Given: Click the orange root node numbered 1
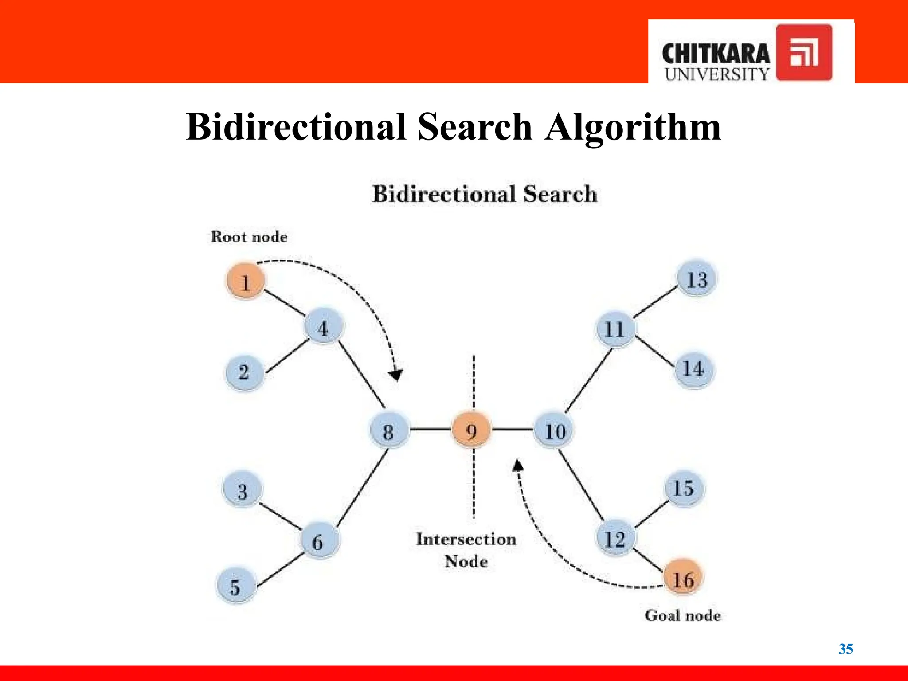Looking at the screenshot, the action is click(246, 281).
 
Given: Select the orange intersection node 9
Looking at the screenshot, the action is click(471, 430).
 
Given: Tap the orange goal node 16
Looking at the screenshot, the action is click(683, 578).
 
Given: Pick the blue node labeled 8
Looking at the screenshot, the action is click(388, 431).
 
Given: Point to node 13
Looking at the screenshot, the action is click(697, 279).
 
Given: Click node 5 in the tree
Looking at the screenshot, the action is click(235, 586).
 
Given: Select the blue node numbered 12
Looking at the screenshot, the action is click(614, 538).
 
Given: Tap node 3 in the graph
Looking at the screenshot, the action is click(242, 491).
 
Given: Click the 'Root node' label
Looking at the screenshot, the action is click(249, 237).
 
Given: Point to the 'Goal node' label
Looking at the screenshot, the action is click(682, 615).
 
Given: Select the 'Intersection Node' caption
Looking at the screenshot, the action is click(466, 550).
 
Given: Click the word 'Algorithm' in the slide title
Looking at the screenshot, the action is click(633, 127).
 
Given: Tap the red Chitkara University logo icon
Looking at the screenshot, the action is click(804, 53).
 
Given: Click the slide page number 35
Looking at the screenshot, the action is click(845, 649).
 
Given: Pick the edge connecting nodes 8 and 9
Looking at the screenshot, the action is click(430, 429).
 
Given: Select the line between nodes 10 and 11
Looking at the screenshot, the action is click(588, 380).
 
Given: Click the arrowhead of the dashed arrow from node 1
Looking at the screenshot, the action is click(395, 376).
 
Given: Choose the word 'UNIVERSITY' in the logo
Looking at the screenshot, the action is click(716, 74).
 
